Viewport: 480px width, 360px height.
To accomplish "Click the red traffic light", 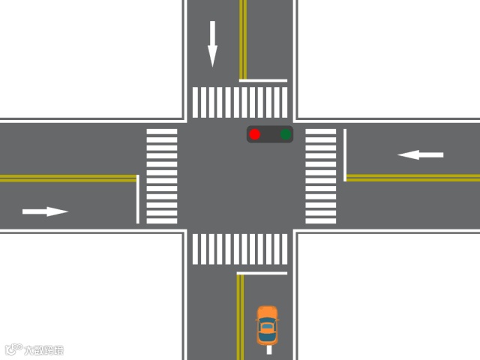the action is click(255, 135).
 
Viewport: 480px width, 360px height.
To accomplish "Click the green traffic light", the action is click(286, 135).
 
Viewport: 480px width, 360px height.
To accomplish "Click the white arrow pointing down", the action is click(212, 43).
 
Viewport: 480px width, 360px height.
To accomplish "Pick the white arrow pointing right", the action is click(46, 211).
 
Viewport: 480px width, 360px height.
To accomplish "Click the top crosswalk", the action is click(240, 103).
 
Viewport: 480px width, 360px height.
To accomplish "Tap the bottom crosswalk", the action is click(240, 249).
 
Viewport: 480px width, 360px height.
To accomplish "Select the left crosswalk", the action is click(162, 176).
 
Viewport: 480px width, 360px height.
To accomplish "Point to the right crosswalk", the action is click(320, 176).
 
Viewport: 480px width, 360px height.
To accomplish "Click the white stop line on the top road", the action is click(263, 80).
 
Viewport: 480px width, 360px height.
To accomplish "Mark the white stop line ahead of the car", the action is click(262, 273).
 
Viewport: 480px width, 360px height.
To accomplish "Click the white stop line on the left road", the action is click(138, 199).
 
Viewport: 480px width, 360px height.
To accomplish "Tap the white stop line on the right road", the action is click(345, 154).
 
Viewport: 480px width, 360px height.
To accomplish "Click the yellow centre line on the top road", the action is click(242, 37).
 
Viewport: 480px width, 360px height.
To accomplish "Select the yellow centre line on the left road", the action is click(67, 178).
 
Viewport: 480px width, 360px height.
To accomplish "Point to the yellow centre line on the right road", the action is click(412, 178).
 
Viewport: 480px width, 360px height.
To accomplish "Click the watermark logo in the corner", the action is click(34, 349).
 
